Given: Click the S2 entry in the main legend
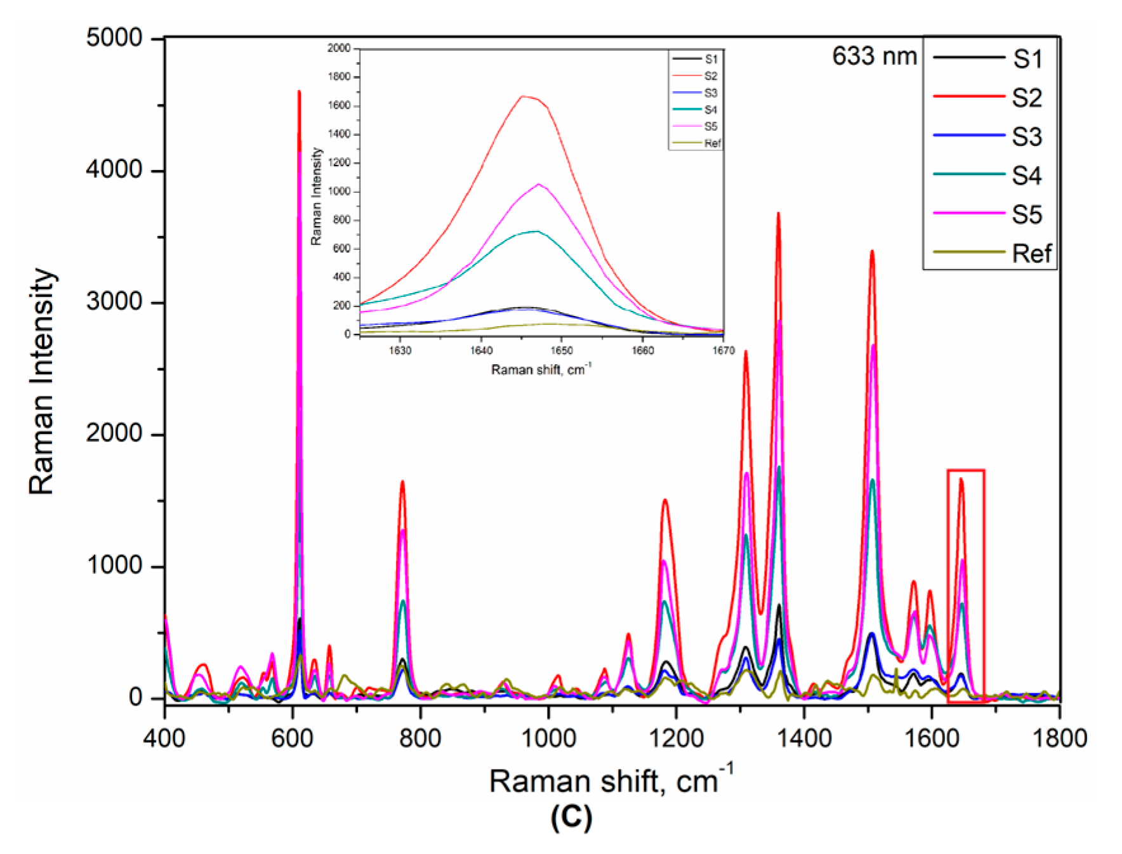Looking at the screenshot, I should click(x=1026, y=98).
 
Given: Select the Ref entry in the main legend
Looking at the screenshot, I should click(x=1031, y=254).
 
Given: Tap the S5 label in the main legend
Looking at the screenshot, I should click(x=1026, y=214).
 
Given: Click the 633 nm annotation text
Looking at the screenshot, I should click(x=874, y=56).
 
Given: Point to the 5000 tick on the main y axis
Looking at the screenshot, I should click(x=114, y=38).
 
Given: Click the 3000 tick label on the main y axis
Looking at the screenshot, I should click(x=114, y=302).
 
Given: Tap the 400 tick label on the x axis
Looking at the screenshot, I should click(x=165, y=738).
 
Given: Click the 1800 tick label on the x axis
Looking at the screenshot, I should click(x=1059, y=738).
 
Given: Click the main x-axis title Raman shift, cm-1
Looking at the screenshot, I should click(x=610, y=780).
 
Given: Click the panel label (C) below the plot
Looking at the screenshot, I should click(x=571, y=818).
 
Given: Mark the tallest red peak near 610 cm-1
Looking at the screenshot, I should click(x=299, y=93).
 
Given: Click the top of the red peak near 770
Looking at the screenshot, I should click(x=402, y=482).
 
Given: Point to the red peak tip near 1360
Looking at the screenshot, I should click(x=778, y=214).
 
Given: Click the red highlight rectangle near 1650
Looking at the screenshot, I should click(x=965, y=471).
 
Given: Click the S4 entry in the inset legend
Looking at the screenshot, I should click(x=710, y=110).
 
